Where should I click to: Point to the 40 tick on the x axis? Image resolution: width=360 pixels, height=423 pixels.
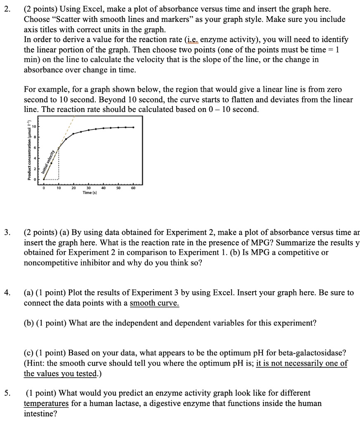tap(103, 188)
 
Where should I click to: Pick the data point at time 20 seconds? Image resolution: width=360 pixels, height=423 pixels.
tap(73, 134)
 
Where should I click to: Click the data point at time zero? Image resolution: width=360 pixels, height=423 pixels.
tap(44, 179)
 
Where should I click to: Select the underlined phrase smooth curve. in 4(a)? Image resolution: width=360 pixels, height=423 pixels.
tap(154, 303)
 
